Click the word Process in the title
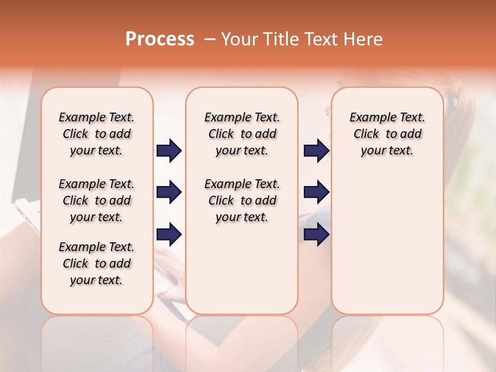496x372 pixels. coord(160,39)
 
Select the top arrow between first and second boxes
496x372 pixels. coord(169,150)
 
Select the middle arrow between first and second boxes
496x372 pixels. coord(169,192)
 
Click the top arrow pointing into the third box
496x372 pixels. coord(316,150)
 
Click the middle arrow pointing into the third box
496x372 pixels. coord(316,192)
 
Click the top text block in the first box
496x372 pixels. coord(97,134)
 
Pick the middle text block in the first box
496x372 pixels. coord(97,200)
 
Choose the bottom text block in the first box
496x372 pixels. coord(97,263)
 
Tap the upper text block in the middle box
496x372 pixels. coord(242,134)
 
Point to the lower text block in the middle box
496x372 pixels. coord(242,200)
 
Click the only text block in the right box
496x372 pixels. coord(387,134)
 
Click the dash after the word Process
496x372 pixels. coord(210,39)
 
